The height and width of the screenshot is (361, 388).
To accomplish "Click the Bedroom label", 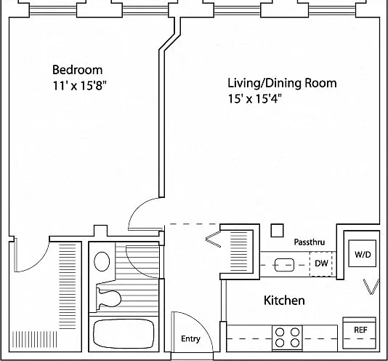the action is [78, 70].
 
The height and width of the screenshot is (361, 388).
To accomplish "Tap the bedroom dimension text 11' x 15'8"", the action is [80, 86].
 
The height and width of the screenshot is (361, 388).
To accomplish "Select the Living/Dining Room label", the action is [282, 84].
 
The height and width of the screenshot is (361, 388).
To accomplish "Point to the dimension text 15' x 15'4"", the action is [255, 99].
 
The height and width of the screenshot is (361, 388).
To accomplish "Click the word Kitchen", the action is [284, 301].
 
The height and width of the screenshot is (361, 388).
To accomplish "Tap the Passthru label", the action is [310, 242].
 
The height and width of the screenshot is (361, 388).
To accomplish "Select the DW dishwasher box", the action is [321, 263].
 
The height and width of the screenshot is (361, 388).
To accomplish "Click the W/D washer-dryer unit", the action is [363, 253].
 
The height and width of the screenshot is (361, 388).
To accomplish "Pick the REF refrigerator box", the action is [360, 333].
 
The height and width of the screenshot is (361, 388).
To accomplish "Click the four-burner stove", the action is [287, 338].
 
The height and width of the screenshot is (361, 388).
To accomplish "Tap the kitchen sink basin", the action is [284, 265].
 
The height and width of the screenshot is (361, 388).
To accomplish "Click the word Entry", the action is [190, 338].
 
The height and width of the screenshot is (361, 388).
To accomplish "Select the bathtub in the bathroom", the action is [124, 333].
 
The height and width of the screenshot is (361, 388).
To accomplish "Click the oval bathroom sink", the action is [102, 261].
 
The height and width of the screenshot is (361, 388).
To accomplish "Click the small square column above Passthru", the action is [277, 230].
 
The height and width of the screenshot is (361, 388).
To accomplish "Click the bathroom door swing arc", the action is [135, 268].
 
